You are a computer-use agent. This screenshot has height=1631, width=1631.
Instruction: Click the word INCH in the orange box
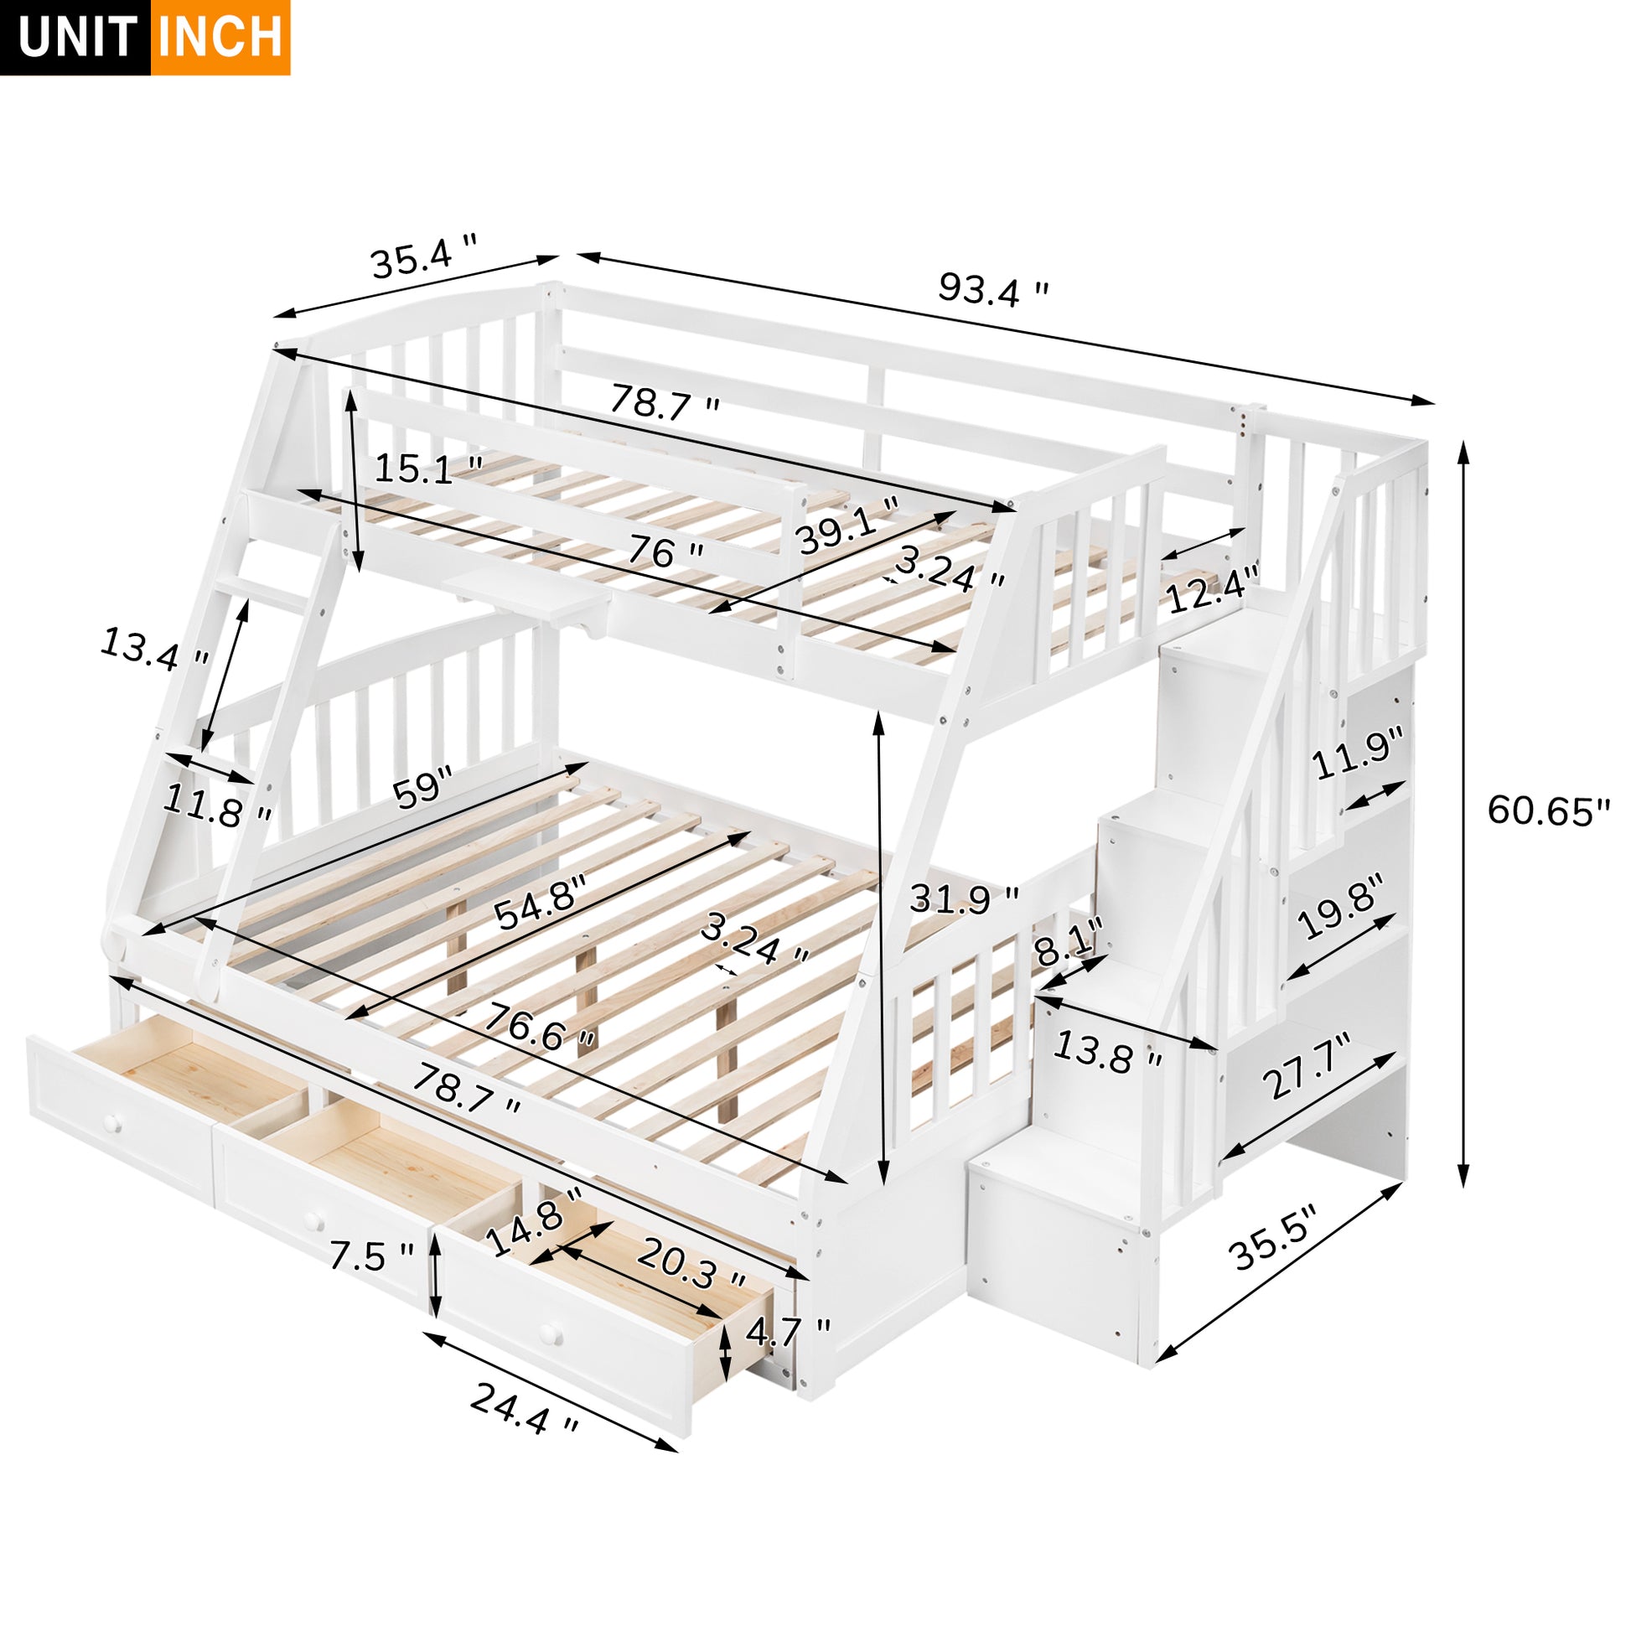(x=220, y=38)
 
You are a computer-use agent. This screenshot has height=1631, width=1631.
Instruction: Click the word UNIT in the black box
(x=76, y=38)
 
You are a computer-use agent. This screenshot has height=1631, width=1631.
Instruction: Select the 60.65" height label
(x=1548, y=810)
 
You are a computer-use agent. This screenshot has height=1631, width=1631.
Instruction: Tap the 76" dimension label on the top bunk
(x=665, y=553)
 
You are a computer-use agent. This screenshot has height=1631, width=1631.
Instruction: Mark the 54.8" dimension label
(x=540, y=903)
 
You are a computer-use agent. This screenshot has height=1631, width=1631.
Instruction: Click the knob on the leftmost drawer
(x=112, y=1124)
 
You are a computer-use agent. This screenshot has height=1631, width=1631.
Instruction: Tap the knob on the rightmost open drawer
(x=551, y=1334)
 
